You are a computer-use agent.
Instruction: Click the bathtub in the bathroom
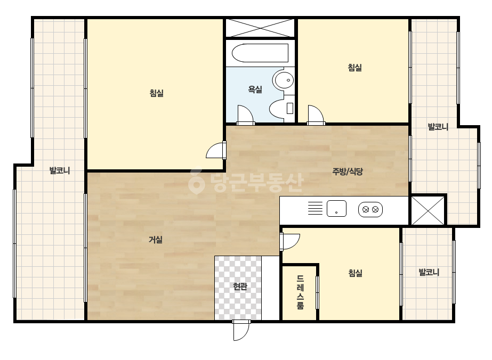click(x=260, y=53)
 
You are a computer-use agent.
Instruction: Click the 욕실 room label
click(x=255, y=89)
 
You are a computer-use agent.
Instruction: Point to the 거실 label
click(x=156, y=240)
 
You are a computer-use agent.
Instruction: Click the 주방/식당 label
click(x=348, y=171)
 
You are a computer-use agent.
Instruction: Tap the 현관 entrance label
click(x=240, y=286)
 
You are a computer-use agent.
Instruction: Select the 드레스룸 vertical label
click(x=300, y=292)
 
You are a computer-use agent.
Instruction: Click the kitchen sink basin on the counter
click(x=336, y=209)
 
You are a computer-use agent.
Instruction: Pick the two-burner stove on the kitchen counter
click(x=370, y=209)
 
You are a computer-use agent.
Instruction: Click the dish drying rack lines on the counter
click(x=315, y=208)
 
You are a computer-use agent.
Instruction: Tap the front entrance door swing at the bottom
click(x=241, y=330)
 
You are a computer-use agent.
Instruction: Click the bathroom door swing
click(x=245, y=115)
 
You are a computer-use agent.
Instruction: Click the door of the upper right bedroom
click(x=316, y=115)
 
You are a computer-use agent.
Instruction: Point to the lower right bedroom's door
click(x=290, y=241)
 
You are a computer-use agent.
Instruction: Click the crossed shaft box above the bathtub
click(x=261, y=28)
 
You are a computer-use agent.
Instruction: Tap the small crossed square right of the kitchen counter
click(x=428, y=211)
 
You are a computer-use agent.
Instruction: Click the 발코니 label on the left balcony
click(x=60, y=170)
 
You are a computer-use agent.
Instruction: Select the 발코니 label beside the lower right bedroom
click(x=429, y=272)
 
